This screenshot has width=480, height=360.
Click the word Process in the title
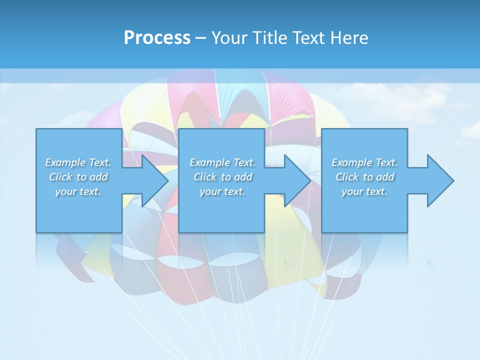click(157, 38)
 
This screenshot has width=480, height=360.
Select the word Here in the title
click(349, 38)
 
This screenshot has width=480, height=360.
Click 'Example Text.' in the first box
click(78, 162)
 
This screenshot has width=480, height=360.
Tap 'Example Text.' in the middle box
click(222, 162)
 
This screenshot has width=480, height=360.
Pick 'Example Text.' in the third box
click(364, 162)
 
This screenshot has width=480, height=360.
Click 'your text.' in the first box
click(78, 191)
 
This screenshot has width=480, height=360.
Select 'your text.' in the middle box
click(222, 191)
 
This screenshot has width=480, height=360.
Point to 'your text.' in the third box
click(364, 191)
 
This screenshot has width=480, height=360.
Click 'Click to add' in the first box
click(78, 177)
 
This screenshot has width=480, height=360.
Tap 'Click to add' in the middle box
click(222, 177)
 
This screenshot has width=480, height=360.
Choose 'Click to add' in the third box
click(364, 177)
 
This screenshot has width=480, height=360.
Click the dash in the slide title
click(200, 38)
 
